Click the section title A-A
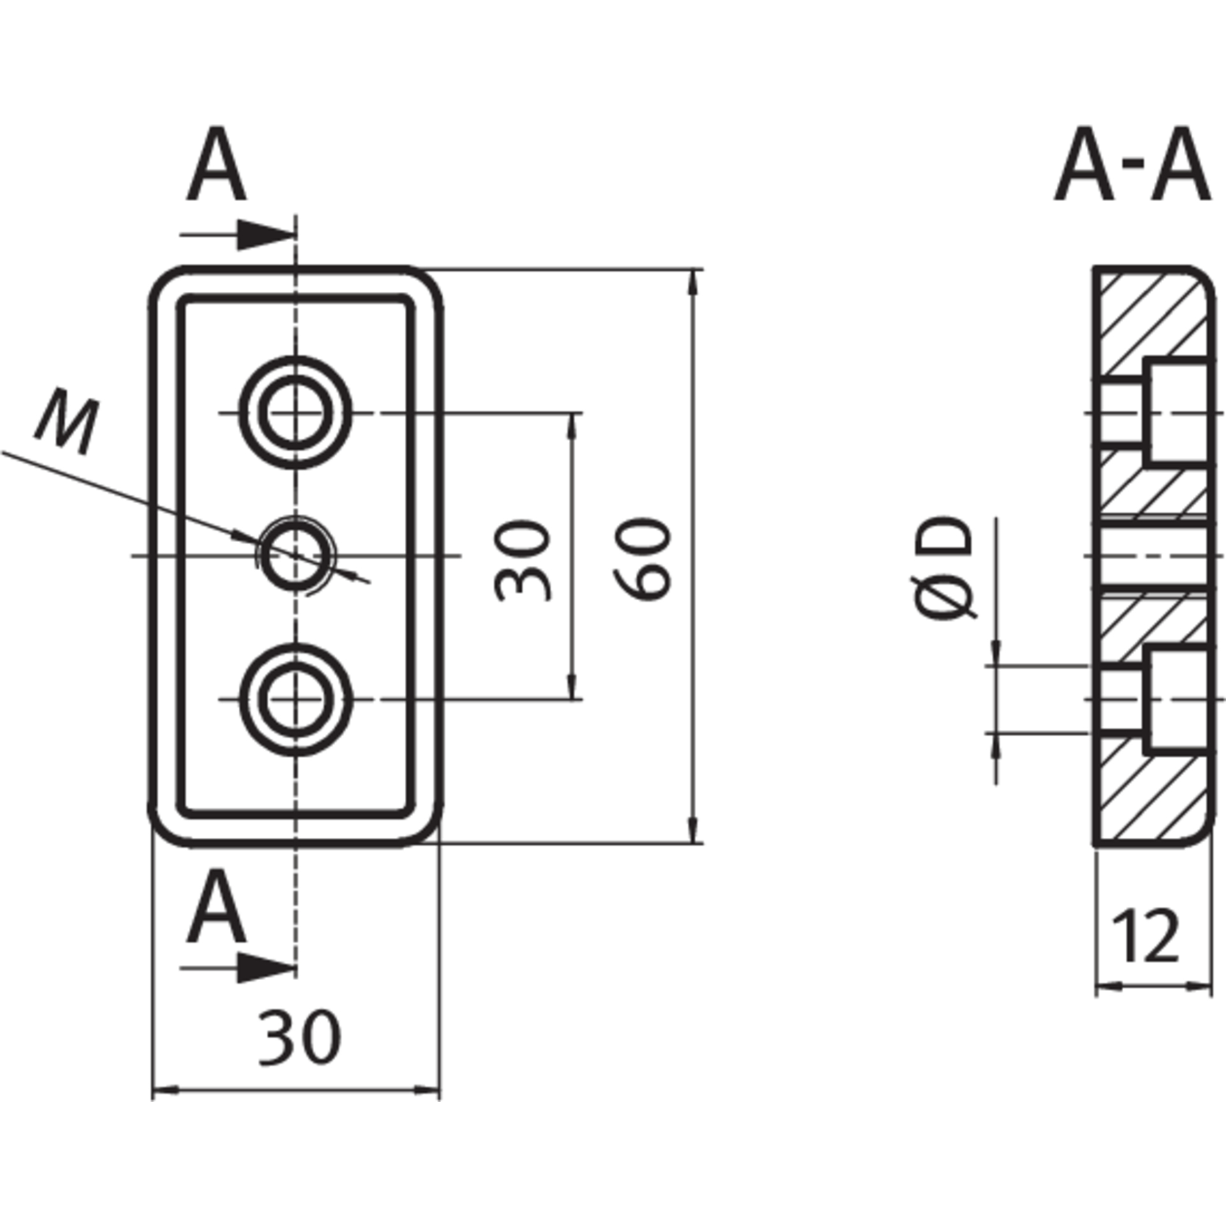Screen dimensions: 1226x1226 [x=1131, y=165]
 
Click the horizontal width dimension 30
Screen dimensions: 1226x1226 [x=300, y=1037]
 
